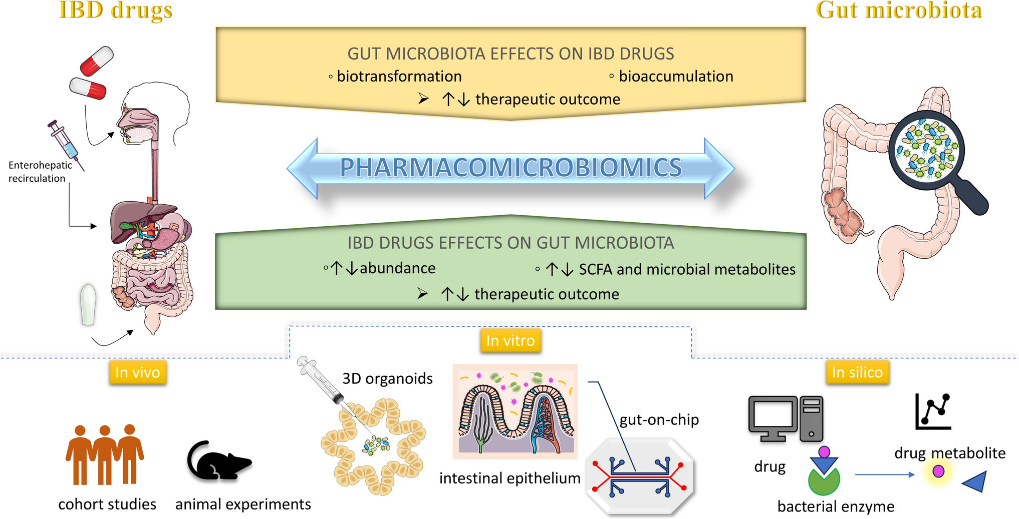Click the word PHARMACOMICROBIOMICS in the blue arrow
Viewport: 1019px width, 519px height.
511,168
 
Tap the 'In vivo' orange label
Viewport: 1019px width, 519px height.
138,372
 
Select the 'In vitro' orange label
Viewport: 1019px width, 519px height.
511,341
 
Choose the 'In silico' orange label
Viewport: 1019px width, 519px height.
857,372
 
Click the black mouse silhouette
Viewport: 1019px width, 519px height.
217,461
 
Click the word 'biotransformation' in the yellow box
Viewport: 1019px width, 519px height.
399,77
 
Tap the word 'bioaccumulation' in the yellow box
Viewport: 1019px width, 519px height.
676,77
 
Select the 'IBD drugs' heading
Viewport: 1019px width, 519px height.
116,10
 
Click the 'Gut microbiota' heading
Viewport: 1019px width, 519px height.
899,10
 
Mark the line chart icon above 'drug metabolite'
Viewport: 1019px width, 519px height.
933,411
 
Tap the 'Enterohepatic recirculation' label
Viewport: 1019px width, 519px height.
40,172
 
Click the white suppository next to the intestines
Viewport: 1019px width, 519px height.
88,305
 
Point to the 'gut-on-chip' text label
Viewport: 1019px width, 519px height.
659,420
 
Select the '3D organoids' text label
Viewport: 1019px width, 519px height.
387,378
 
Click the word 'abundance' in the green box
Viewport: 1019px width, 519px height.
397,268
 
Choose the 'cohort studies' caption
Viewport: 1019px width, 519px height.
107,504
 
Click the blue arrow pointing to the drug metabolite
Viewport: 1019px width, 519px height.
885,474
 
